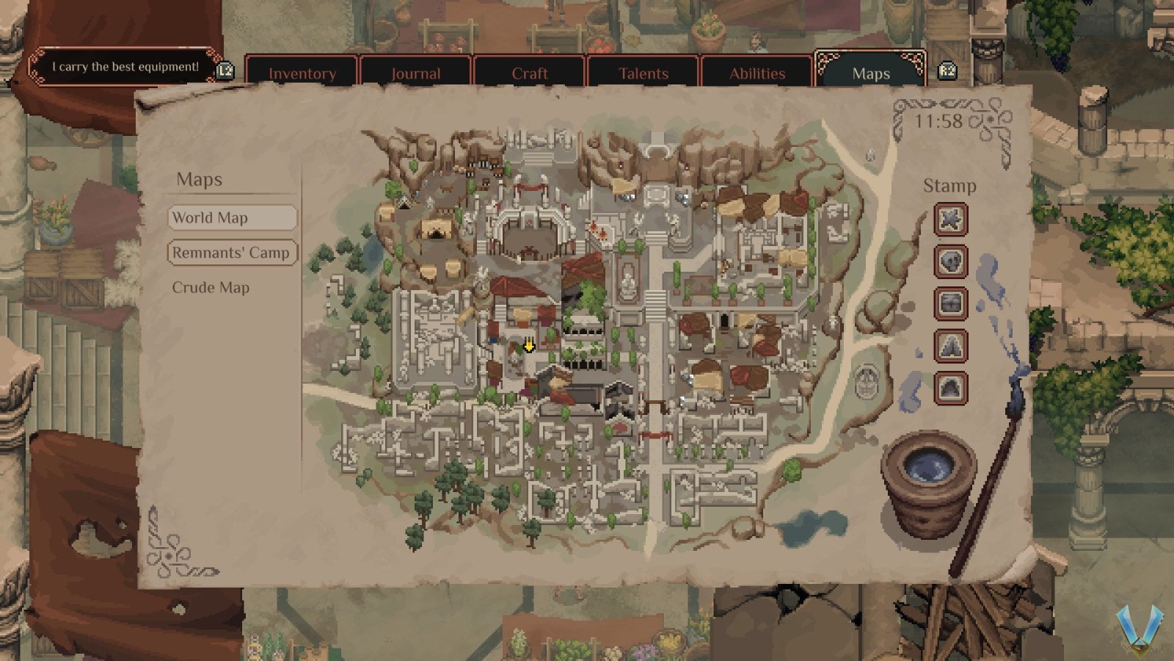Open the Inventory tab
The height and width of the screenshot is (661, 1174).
[302, 73]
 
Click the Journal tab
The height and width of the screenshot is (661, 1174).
[415, 73]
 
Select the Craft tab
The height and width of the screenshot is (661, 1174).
[529, 73]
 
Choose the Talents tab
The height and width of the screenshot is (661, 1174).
[643, 73]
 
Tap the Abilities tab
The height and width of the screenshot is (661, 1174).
[756, 73]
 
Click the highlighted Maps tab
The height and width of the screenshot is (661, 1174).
[870, 73]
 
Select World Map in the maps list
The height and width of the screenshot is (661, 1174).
[232, 217]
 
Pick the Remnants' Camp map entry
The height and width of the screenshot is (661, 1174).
[232, 253]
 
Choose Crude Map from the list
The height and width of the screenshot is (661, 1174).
[211, 287]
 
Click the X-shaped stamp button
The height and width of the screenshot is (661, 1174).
[950, 220]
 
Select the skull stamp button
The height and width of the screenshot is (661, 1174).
[950, 261]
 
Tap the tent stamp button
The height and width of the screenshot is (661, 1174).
[950, 346]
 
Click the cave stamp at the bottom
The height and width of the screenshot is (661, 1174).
[950, 388]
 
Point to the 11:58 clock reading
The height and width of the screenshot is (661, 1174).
[938, 121]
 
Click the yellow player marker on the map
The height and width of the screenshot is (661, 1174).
[528, 346]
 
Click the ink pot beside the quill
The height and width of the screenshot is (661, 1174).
[929, 481]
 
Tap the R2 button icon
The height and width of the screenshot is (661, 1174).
[947, 71]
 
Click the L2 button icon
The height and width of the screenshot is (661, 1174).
[225, 71]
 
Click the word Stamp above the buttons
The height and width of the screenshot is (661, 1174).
[949, 186]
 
